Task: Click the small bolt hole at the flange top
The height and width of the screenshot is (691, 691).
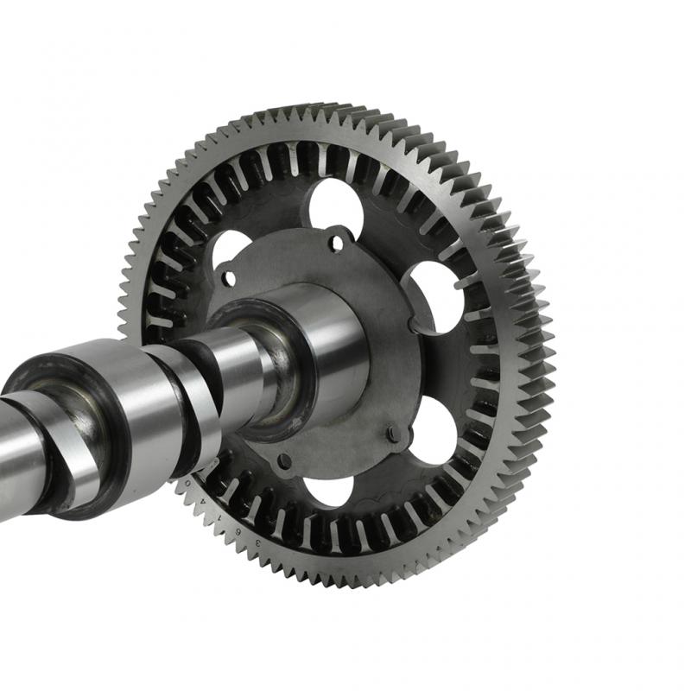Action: (335, 243)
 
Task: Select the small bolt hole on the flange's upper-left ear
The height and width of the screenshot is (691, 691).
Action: (229, 278)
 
